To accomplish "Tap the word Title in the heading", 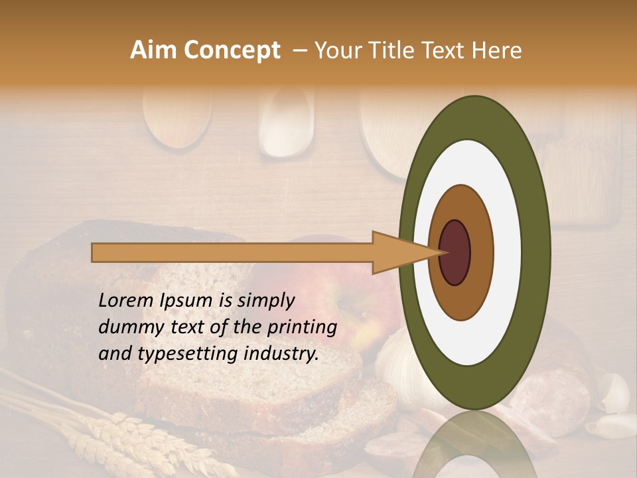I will [x=393, y=50].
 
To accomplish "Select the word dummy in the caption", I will [x=129, y=327].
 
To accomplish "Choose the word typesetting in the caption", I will [x=188, y=355].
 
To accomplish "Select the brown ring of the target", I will [x=480, y=253].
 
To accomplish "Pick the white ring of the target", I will [x=507, y=253].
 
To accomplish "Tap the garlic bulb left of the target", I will [x=391, y=362].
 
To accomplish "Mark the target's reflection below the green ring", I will [x=474, y=445].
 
